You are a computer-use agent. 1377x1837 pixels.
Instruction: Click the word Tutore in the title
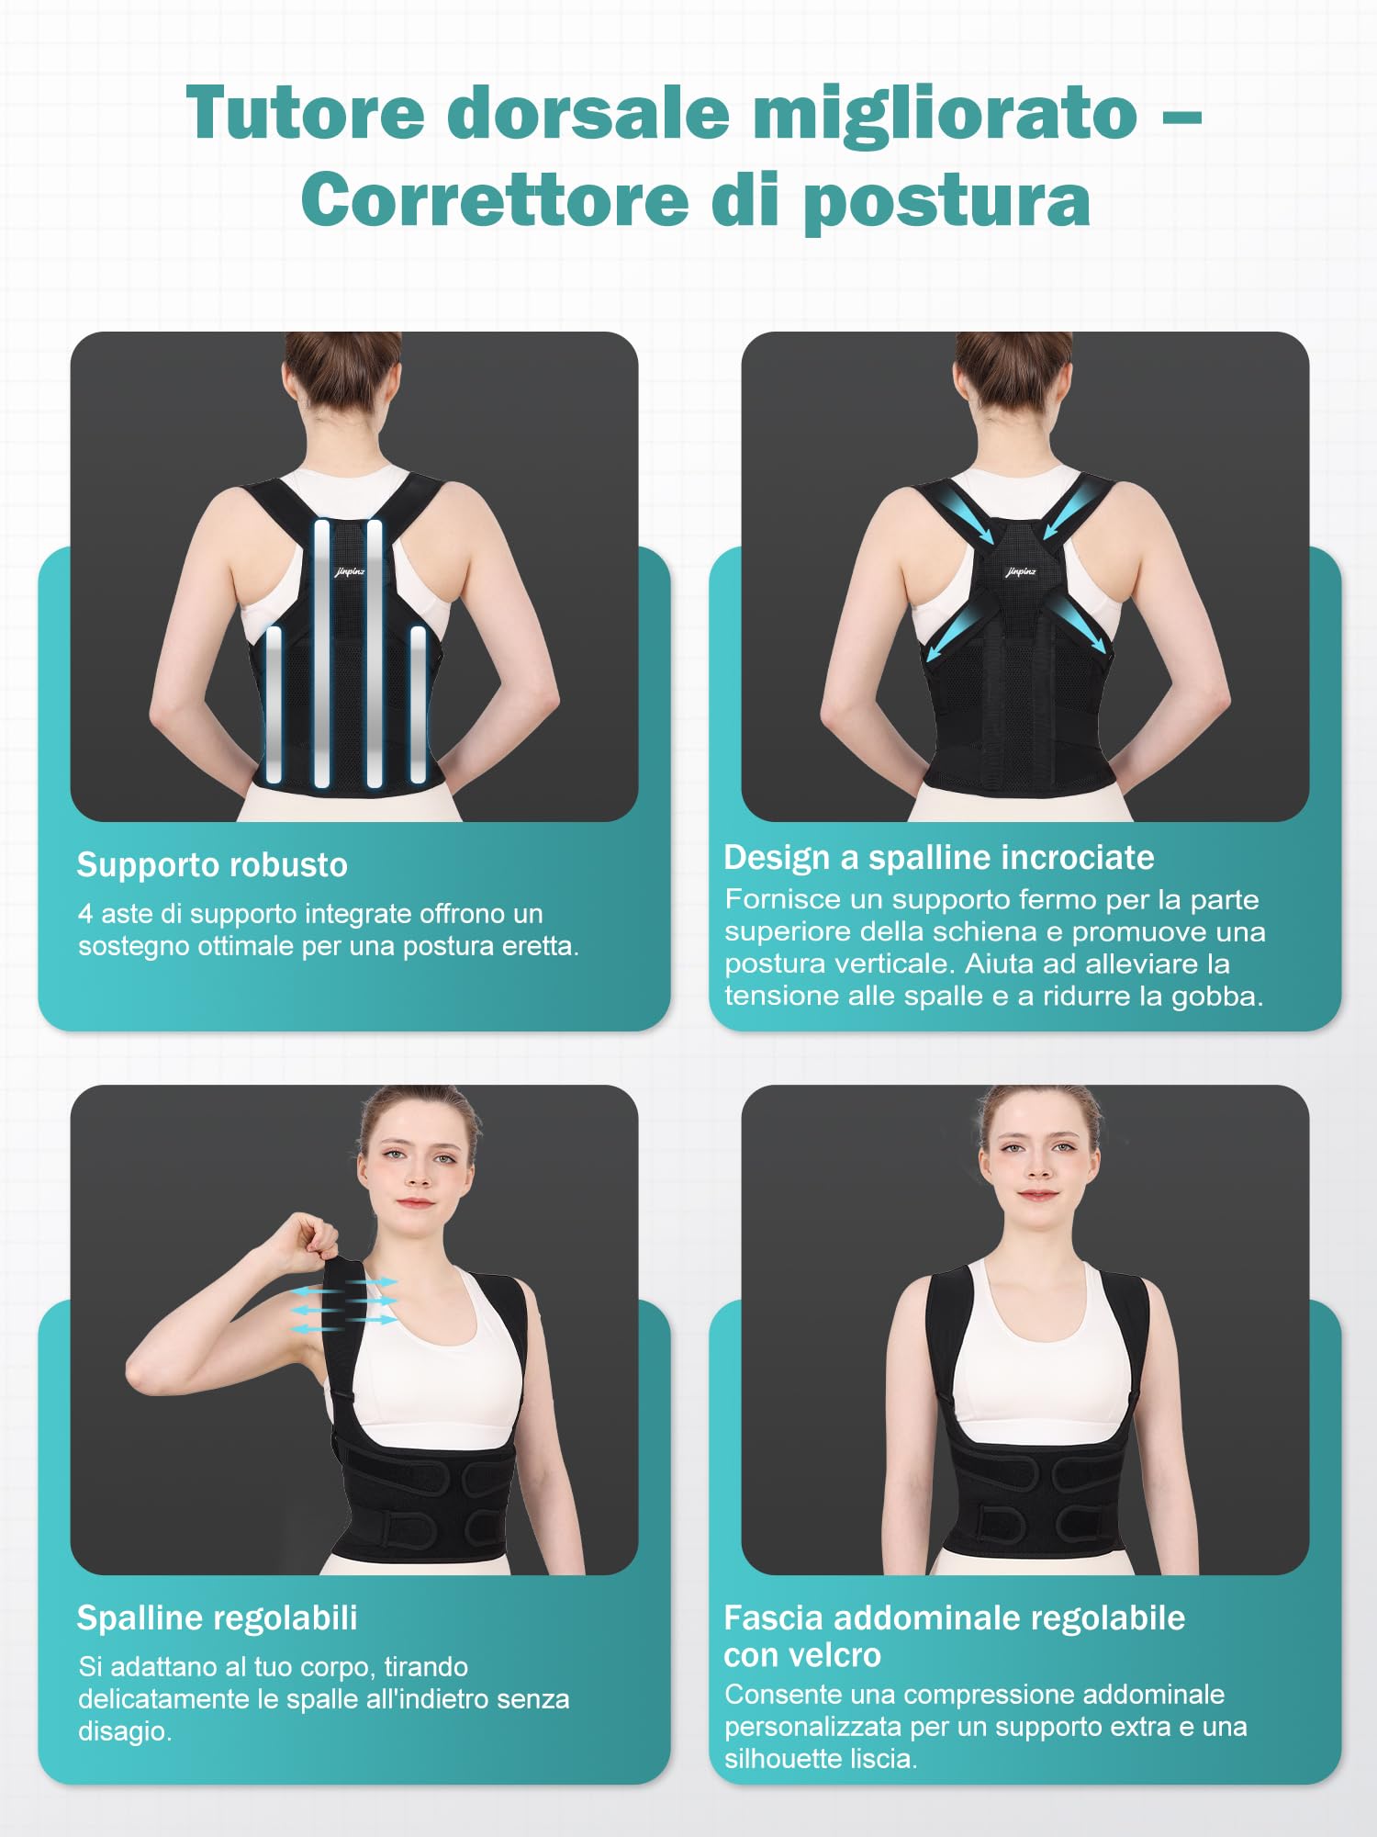click(x=306, y=113)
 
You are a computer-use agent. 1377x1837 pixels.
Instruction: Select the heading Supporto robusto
click(x=212, y=865)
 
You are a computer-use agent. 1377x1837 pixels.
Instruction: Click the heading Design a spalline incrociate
click(x=938, y=857)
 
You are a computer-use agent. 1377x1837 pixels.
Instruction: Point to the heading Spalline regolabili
click(x=217, y=1617)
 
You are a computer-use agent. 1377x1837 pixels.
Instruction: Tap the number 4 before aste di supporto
click(x=85, y=914)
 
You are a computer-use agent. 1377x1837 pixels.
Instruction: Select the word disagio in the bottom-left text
click(x=125, y=1731)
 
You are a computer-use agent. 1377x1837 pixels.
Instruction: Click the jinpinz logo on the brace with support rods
click(x=350, y=572)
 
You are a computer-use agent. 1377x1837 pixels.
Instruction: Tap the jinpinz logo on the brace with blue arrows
click(x=1021, y=572)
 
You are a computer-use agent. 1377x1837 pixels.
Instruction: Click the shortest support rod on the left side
click(x=274, y=704)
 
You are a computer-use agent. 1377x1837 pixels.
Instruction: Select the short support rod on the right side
click(x=419, y=704)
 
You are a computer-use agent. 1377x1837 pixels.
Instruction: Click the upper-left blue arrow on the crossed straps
click(x=968, y=513)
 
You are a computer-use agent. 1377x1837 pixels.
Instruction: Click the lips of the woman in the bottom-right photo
click(x=1039, y=1194)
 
